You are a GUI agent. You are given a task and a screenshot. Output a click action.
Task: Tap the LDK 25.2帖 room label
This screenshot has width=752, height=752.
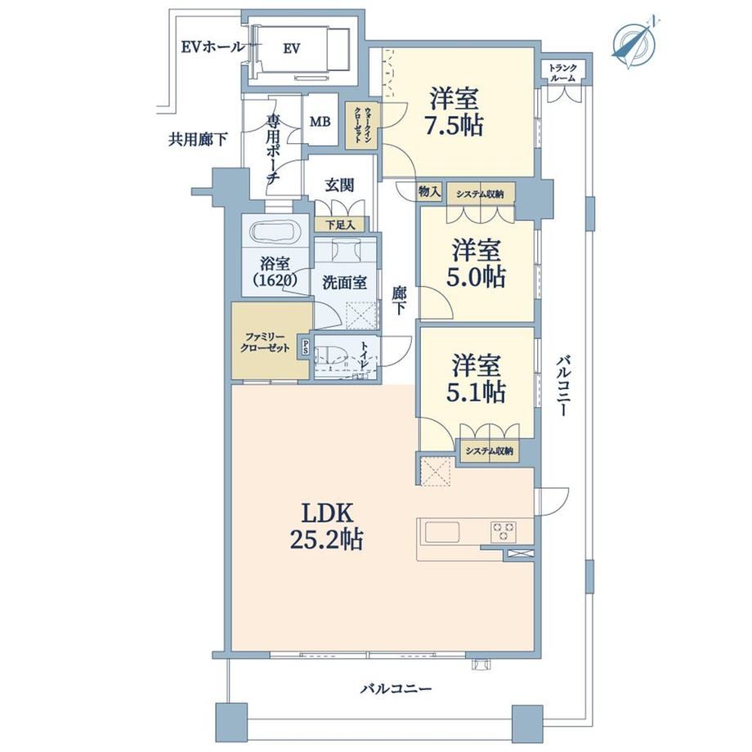point(327,526)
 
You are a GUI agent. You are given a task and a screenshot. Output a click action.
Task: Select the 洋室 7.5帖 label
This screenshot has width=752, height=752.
point(455,112)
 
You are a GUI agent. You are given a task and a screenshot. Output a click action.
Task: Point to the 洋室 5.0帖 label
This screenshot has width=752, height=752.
point(475,263)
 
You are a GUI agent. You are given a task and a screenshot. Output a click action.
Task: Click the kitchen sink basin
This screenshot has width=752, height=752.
point(441,532)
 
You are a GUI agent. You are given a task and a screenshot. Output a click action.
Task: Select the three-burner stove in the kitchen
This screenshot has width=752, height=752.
point(503,532)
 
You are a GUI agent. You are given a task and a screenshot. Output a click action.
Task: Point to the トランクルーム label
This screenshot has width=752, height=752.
point(563,73)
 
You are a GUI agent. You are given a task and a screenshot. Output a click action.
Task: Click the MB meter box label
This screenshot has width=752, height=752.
point(320,122)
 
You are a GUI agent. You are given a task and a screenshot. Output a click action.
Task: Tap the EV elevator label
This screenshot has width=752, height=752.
point(292,48)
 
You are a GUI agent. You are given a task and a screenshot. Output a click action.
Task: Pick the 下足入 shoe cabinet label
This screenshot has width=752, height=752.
point(341,225)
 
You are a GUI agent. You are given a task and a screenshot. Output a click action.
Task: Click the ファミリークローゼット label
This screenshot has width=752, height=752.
point(265,342)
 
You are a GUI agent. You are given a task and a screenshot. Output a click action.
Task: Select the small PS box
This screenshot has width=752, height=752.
point(305,347)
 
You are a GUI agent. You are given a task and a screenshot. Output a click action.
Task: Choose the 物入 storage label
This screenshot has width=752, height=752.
point(430,192)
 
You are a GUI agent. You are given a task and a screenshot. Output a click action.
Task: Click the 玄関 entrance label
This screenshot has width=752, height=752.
point(339,185)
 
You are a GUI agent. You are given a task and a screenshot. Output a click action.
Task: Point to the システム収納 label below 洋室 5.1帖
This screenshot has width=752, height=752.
point(489,451)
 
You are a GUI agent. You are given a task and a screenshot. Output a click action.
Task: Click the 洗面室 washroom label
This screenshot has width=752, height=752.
point(344,282)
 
